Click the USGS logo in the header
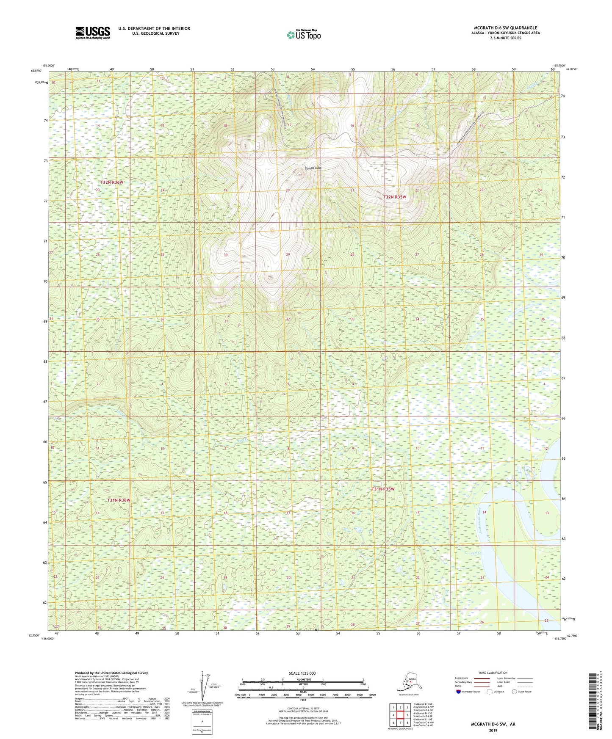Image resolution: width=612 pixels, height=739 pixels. click(92, 33)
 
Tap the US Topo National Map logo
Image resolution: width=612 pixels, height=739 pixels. click(304, 35)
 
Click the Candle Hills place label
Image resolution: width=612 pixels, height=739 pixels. click(313, 168)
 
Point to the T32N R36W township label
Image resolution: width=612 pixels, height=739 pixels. click(112, 182)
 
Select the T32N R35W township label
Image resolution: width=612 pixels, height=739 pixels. click(395, 197)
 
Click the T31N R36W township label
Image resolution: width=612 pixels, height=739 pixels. click(118, 500)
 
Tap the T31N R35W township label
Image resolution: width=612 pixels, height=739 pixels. click(383, 489)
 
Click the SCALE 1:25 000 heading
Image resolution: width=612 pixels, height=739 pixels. click(302, 673)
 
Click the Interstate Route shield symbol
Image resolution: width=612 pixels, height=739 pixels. click(458, 692)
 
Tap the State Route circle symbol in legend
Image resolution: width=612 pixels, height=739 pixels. click(515, 692)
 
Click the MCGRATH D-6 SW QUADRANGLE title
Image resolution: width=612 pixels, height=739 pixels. click(505, 28)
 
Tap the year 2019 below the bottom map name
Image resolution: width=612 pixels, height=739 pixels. click(493, 730)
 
